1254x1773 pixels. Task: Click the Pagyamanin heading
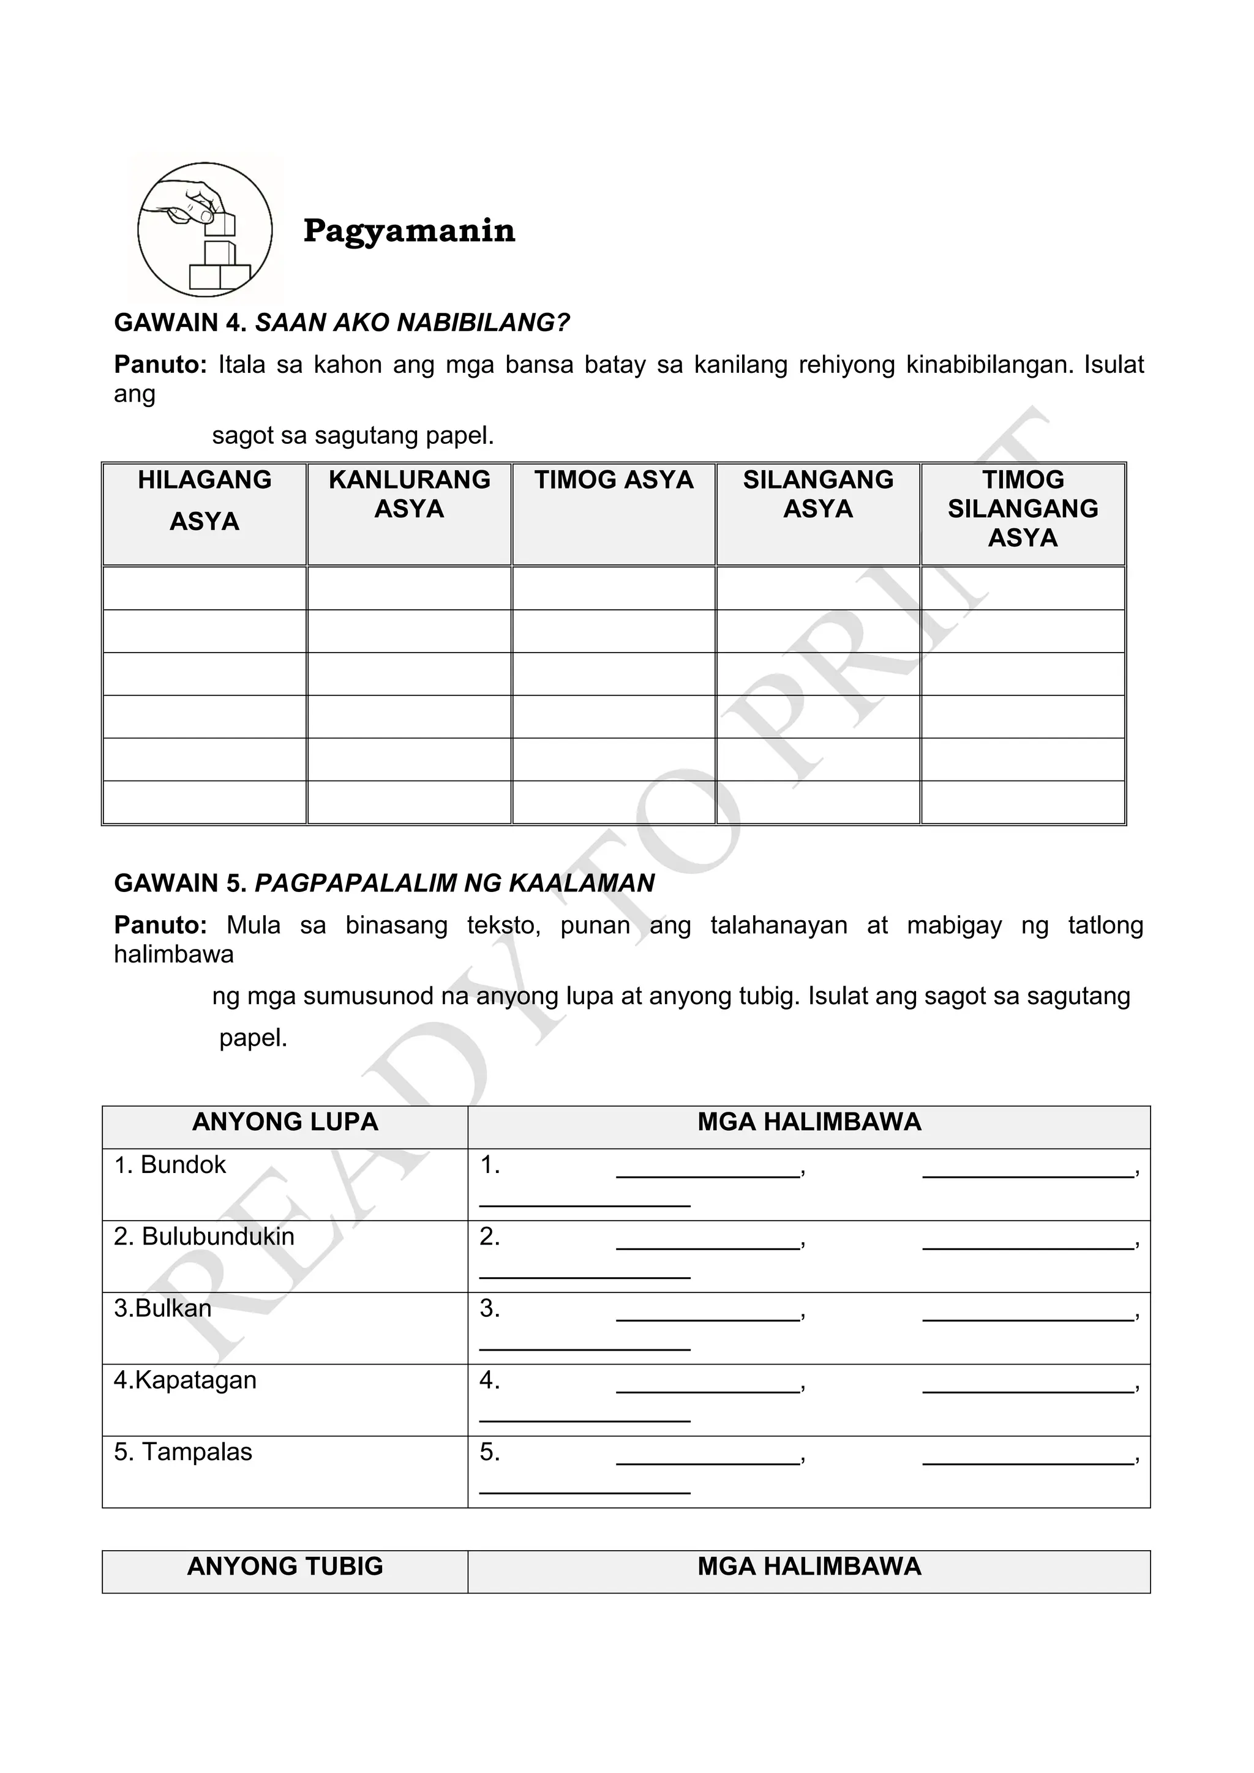[408, 231]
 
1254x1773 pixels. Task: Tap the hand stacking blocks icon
[205, 230]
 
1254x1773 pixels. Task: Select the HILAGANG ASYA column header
[205, 500]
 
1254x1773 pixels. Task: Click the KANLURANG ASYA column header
[409, 494]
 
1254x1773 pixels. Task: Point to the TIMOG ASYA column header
[614, 481]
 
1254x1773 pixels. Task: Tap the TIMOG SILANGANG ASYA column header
[1023, 508]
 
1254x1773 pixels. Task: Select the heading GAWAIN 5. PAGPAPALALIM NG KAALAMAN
[384, 883]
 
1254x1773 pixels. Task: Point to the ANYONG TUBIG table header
[285, 1566]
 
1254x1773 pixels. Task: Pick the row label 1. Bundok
[170, 1165]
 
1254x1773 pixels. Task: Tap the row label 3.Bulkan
[162, 1309]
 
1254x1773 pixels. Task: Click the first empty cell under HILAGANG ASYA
[205, 588]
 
